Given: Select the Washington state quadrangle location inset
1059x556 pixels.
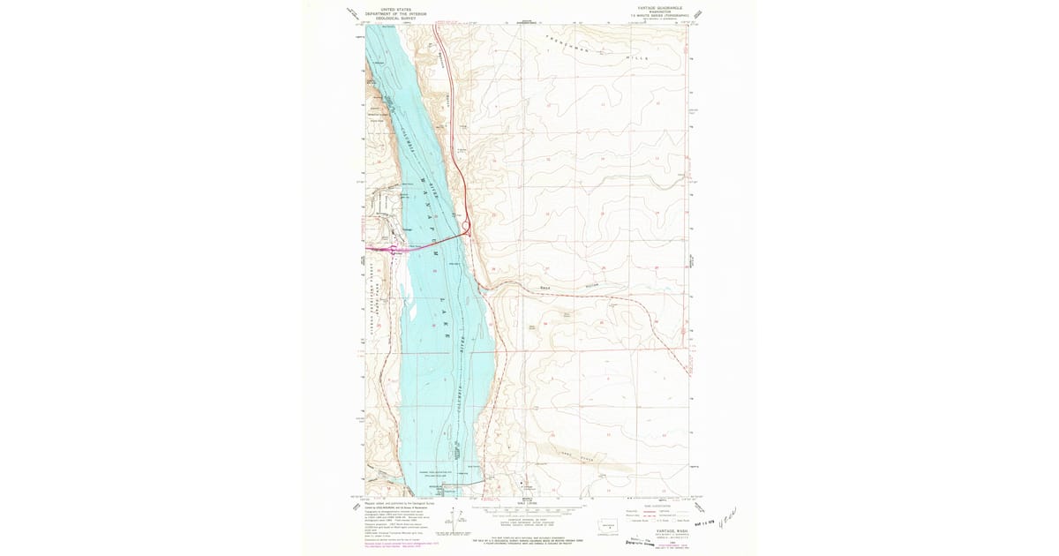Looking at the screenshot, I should (605, 524).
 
